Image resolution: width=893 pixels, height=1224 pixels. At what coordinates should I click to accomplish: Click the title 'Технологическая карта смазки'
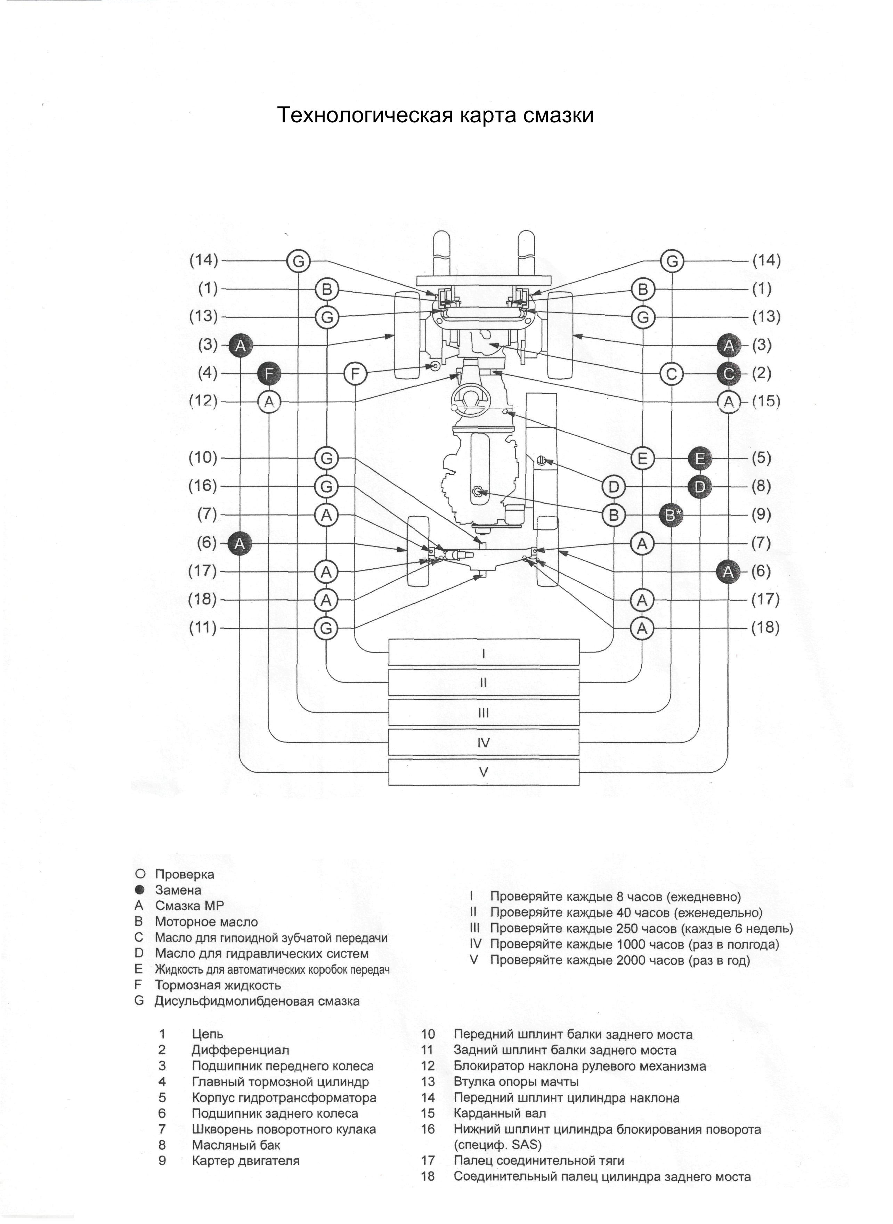[x=435, y=115]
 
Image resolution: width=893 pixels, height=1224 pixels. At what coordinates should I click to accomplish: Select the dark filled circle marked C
[x=729, y=373]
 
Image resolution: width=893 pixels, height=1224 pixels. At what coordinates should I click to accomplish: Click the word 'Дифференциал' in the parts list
[x=241, y=1050]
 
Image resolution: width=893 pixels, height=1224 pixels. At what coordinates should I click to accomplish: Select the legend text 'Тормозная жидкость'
[x=218, y=985]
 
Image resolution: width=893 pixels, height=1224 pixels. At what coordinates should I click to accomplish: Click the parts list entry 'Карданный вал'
[x=500, y=1113]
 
